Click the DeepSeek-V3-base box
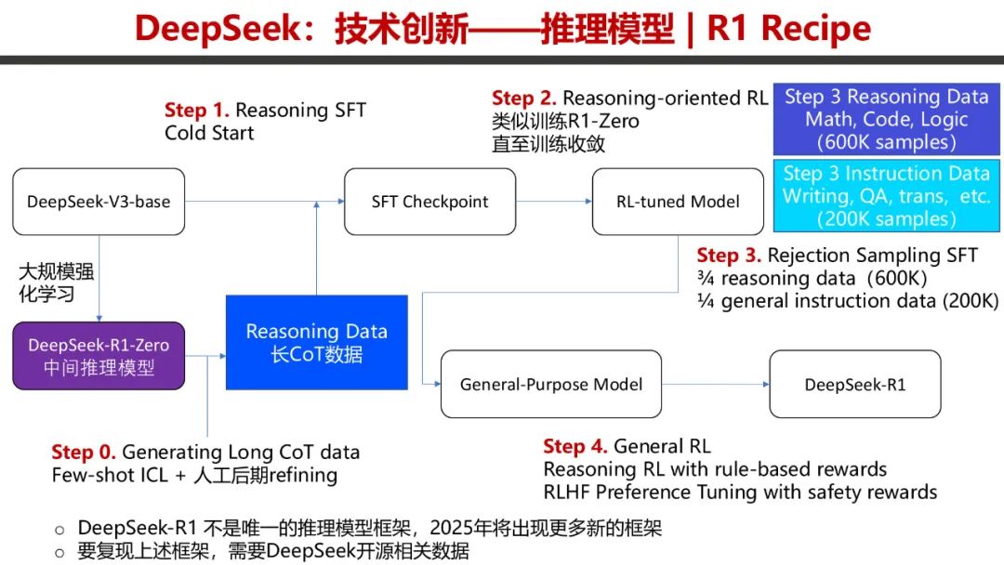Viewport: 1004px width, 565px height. pos(99,201)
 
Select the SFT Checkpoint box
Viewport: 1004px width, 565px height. pos(429,201)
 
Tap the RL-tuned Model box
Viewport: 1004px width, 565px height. pos(678,201)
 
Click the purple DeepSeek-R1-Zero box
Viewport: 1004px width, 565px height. pos(99,356)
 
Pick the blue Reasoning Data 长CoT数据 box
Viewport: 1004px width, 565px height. pos(316,342)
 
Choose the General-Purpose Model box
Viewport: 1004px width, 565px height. pos(550,384)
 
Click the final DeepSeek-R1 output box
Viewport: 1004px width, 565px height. pos(854,384)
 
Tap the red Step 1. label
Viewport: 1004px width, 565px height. pos(196,111)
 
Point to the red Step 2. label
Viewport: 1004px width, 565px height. pos(524,99)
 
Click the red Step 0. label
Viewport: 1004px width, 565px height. pos(84,453)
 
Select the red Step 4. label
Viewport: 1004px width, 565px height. pos(575,447)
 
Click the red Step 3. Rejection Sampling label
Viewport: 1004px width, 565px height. pos(730,255)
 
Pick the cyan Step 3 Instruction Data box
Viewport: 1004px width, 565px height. pos(885,196)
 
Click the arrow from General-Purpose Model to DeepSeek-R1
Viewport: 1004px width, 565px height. pos(715,384)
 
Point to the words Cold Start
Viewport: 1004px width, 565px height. pos(209,133)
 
